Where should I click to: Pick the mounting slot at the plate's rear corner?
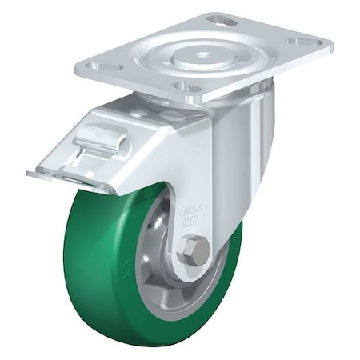(x=222, y=19)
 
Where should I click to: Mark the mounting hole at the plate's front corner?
(x=185, y=86)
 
